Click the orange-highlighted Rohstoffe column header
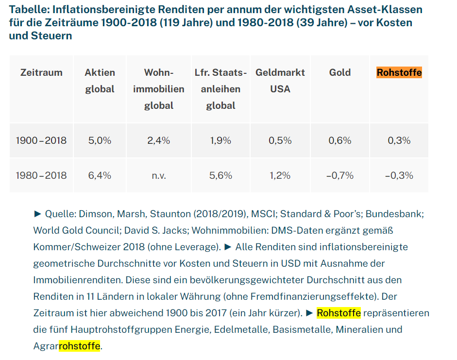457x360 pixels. [399, 73]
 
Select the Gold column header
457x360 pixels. [340, 72]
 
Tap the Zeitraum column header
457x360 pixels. [41, 72]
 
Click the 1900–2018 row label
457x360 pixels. [41, 140]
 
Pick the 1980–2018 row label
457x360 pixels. [41, 175]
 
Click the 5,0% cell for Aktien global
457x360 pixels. [100, 140]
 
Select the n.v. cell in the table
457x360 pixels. [159, 175]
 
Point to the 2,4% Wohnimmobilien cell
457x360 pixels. [159, 140]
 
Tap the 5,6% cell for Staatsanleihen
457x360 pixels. [220, 175]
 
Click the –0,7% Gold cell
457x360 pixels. [340, 175]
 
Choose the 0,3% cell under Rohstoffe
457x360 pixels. [399, 140]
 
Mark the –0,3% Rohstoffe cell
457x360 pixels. [399, 175]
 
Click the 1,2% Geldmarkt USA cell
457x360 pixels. [280, 175]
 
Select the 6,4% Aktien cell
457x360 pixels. [100, 175]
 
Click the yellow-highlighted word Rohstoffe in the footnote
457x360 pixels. [339, 313]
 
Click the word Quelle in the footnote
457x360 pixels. [60, 214]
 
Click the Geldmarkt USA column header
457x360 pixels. [280, 81]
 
